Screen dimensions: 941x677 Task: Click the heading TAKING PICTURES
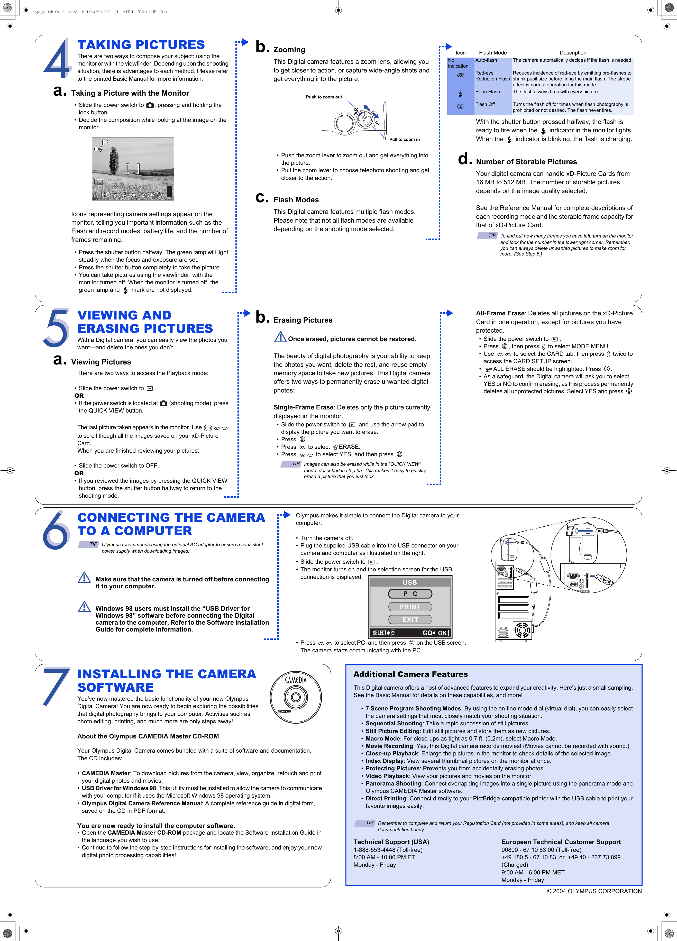click(141, 45)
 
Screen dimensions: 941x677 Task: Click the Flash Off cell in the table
click(485, 105)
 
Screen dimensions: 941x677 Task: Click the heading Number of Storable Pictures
click(526, 162)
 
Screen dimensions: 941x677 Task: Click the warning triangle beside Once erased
click(280, 337)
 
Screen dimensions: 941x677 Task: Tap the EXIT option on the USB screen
click(410, 619)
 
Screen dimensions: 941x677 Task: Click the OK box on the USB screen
click(443, 633)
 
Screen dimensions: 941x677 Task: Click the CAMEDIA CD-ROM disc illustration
click(295, 697)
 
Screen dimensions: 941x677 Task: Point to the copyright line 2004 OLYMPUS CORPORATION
click(594, 891)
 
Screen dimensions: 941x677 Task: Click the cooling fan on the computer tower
click(522, 630)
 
